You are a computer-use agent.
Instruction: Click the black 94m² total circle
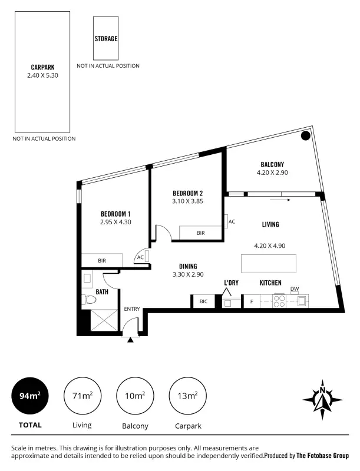[30, 396]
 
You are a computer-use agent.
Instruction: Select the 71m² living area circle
[82, 396]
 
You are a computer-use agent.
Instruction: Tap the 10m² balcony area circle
[135, 396]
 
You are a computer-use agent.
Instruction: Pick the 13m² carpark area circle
[187, 396]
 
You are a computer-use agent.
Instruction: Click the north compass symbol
[323, 399]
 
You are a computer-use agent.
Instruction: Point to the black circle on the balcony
[305, 136]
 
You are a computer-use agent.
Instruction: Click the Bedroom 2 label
[187, 193]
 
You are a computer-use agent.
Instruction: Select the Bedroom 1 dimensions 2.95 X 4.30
[115, 223]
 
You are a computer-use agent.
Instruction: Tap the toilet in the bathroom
[89, 300]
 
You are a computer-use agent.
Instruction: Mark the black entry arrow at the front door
[130, 338]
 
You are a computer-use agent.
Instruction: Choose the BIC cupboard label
[203, 301]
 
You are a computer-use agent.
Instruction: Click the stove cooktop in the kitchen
[279, 301]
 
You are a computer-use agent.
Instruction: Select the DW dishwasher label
[294, 288]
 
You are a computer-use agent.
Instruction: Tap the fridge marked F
[252, 301]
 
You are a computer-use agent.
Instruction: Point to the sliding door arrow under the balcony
[281, 200]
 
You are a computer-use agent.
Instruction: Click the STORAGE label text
[106, 39]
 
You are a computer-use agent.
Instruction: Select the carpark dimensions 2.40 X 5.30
[42, 75]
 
